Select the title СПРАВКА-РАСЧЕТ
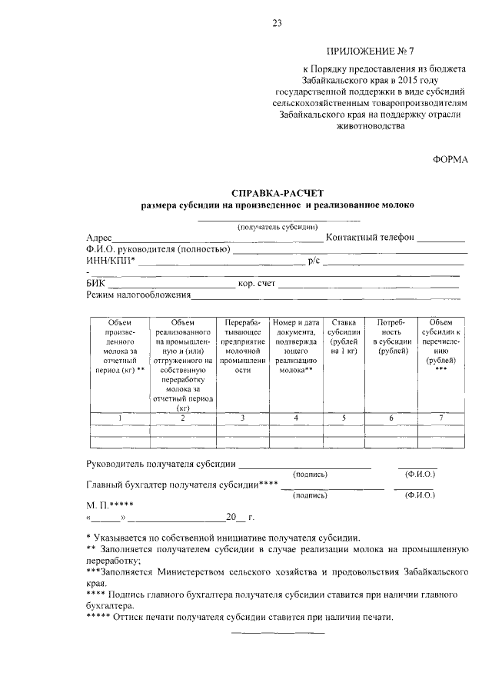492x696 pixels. (278, 193)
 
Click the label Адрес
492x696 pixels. (99, 238)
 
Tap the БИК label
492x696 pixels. (95, 284)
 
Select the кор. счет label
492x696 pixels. (256, 284)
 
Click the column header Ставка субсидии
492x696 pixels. (344, 336)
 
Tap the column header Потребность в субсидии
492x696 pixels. (391, 336)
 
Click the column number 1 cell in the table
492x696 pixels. (121, 418)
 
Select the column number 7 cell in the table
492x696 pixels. (440, 418)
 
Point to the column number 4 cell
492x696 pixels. (296, 418)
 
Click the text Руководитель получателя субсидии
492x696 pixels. (160, 464)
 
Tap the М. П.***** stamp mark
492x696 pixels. (110, 505)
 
